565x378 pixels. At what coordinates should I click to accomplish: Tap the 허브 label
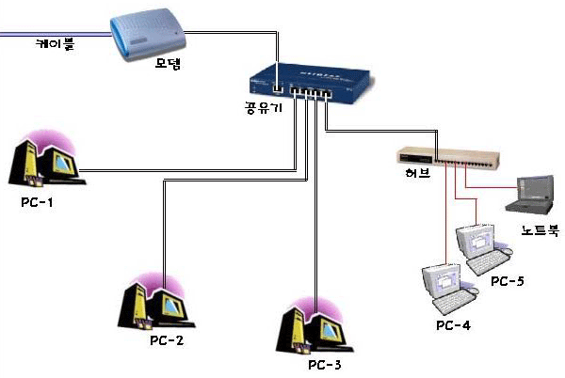pyautogui.click(x=406, y=177)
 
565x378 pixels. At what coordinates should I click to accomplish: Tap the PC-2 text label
pyautogui.click(x=166, y=339)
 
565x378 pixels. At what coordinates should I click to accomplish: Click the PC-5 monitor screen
pyautogui.click(x=472, y=242)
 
